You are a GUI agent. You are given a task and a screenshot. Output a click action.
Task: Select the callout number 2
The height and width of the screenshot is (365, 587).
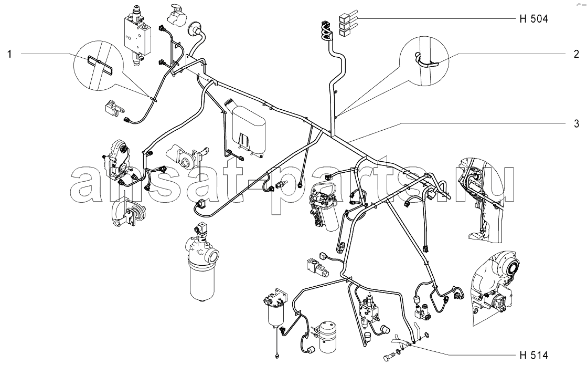(576, 54)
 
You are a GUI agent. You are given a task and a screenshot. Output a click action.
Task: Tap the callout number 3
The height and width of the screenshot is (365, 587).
(576, 124)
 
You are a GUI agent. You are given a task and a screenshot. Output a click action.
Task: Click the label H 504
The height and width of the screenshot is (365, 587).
(533, 19)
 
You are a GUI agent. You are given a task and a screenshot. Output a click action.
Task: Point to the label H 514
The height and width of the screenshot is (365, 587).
(533, 354)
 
